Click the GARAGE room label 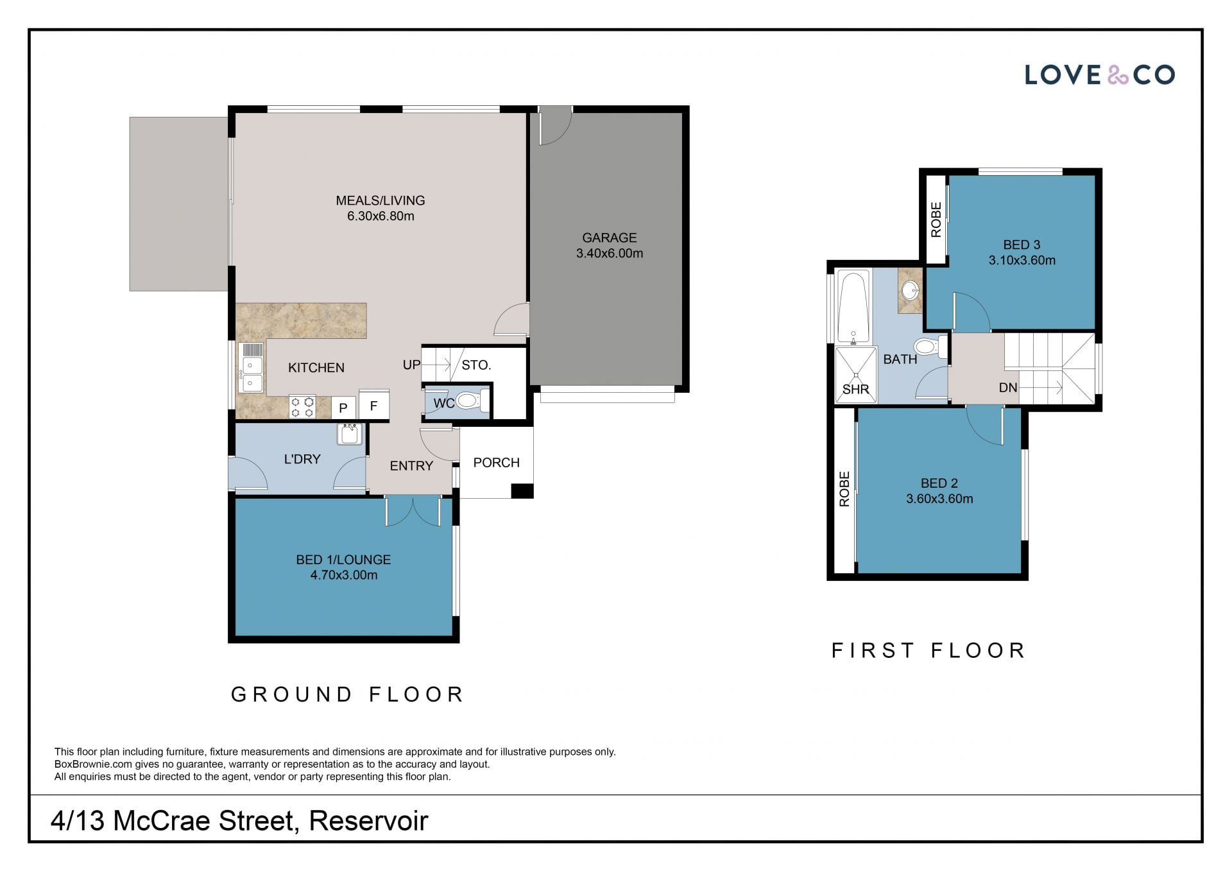(609, 237)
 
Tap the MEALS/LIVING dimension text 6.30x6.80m (381, 216)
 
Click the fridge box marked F (373, 405)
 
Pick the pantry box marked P (343, 408)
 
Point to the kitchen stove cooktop (302, 406)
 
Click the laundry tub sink (350, 434)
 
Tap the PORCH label (496, 463)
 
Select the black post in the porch (522, 491)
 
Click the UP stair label (411, 365)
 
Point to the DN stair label (1008, 388)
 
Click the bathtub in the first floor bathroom (853, 307)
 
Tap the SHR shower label (855, 390)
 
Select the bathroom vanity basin (910, 291)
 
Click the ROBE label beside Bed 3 (936, 220)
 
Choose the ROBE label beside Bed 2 (844, 489)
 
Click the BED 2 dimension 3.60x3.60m (939, 499)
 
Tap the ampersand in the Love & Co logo (1118, 75)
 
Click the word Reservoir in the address (368, 821)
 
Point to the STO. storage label (476, 365)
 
